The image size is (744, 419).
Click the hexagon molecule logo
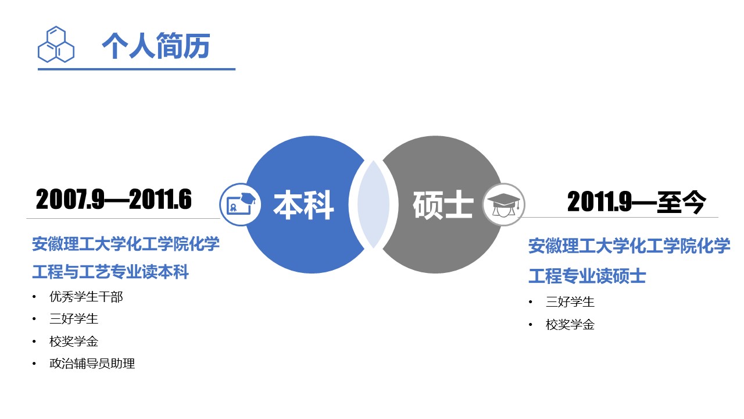(56, 44)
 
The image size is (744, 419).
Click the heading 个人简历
(155, 46)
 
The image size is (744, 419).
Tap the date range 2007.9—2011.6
(114, 200)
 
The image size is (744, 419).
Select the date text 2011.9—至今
(636, 203)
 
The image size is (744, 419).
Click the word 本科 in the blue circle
(303, 205)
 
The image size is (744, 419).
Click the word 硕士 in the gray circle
(443, 205)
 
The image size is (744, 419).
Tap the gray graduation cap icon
(503, 204)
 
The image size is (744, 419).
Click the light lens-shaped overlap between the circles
(373, 205)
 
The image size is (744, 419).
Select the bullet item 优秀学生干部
(86, 297)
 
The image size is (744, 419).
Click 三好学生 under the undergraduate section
(74, 319)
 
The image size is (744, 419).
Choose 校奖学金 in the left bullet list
(74, 342)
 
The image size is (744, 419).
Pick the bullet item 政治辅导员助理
(92, 364)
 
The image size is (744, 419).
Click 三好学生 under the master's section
(570, 302)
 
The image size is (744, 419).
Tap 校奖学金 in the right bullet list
(570, 325)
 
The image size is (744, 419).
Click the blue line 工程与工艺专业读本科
(110, 272)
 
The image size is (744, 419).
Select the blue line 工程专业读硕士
(587, 276)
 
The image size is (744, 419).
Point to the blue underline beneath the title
(137, 69)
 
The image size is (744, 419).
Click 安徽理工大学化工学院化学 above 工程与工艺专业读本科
(126, 244)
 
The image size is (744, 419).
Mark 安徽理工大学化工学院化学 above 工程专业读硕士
(629, 246)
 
